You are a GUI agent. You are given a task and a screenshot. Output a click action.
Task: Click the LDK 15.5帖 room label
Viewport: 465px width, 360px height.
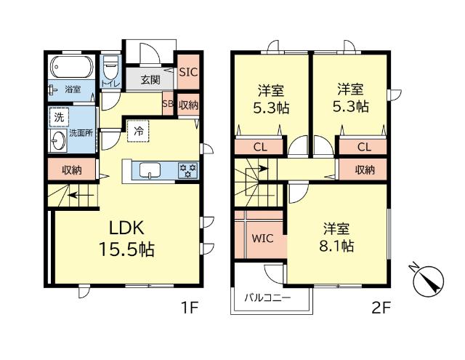point(126,237)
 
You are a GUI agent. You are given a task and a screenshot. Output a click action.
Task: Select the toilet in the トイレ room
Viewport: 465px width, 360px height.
point(111,71)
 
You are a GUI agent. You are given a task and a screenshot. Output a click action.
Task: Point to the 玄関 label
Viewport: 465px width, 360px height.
point(150,79)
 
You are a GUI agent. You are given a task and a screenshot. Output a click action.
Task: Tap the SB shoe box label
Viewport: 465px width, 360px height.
point(167,105)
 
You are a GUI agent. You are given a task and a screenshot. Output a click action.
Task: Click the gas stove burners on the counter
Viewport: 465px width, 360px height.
point(189,171)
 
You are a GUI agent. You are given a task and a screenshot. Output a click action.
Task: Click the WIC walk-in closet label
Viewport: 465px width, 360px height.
point(262,238)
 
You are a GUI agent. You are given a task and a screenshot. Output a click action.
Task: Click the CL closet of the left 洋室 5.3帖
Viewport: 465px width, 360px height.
point(259,147)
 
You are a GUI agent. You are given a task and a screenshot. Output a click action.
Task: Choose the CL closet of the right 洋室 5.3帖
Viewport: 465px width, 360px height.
point(364,147)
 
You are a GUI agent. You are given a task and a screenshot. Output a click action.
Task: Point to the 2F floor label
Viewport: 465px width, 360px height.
point(381,308)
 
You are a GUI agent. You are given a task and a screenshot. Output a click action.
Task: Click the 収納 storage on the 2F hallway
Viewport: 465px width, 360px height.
point(364,169)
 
